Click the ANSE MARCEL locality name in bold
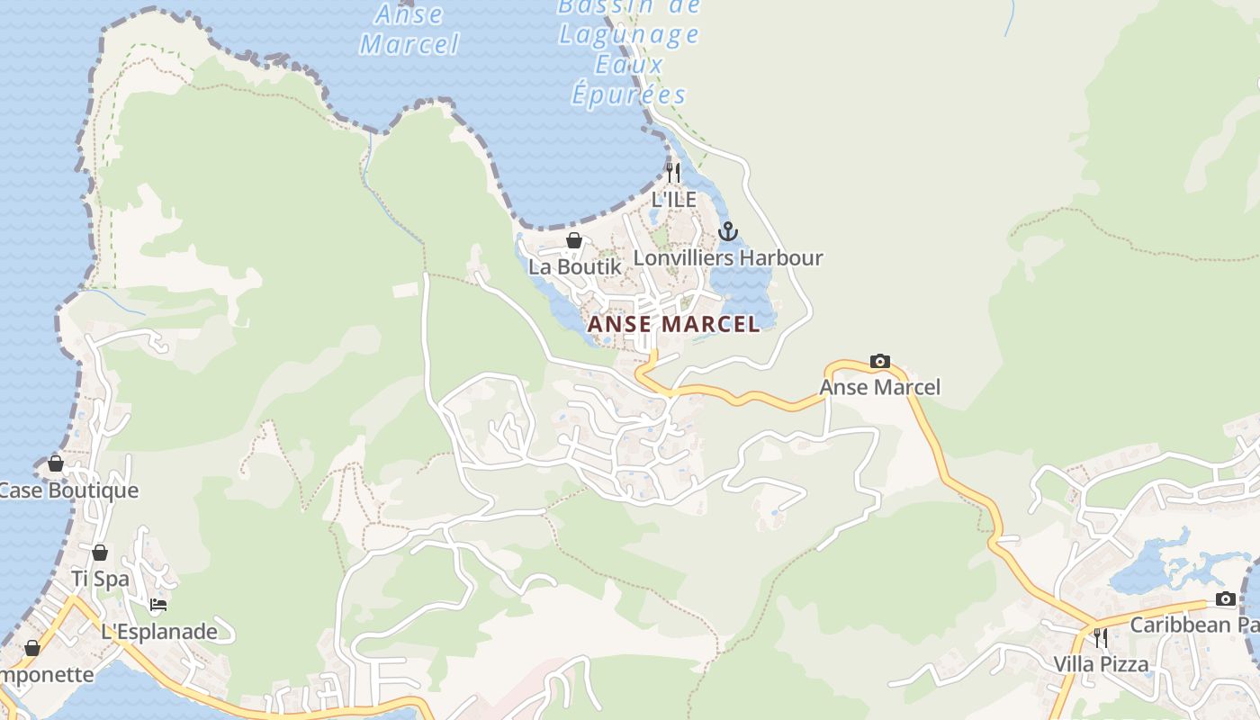tap(673, 324)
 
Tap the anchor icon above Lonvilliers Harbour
tap(727, 232)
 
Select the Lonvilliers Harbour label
tap(727, 258)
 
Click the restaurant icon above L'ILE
tap(673, 172)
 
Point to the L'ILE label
tap(673, 199)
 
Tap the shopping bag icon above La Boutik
tap(574, 240)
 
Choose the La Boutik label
tap(574, 266)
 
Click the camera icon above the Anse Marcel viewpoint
tap(879, 362)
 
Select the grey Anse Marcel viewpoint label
tap(879, 387)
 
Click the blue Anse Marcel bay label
tap(409, 29)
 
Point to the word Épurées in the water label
tap(628, 94)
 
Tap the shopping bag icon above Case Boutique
tap(56, 463)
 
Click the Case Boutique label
tap(68, 490)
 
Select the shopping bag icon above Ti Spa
tap(100, 552)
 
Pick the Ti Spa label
tap(100, 579)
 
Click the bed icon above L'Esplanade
tap(158, 605)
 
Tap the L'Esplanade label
tap(158, 631)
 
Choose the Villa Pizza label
tap(1101, 664)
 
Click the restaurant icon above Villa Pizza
tap(1101, 638)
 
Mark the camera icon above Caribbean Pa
tap(1225, 599)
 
